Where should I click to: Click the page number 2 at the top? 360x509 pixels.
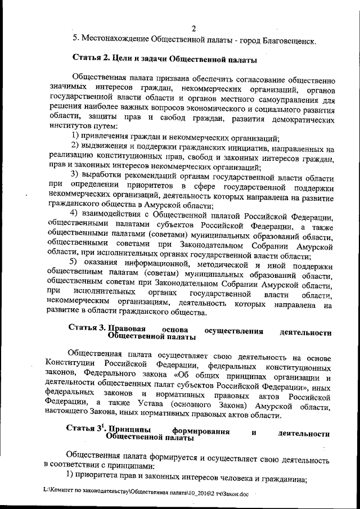pyautogui.click(x=193, y=29)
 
